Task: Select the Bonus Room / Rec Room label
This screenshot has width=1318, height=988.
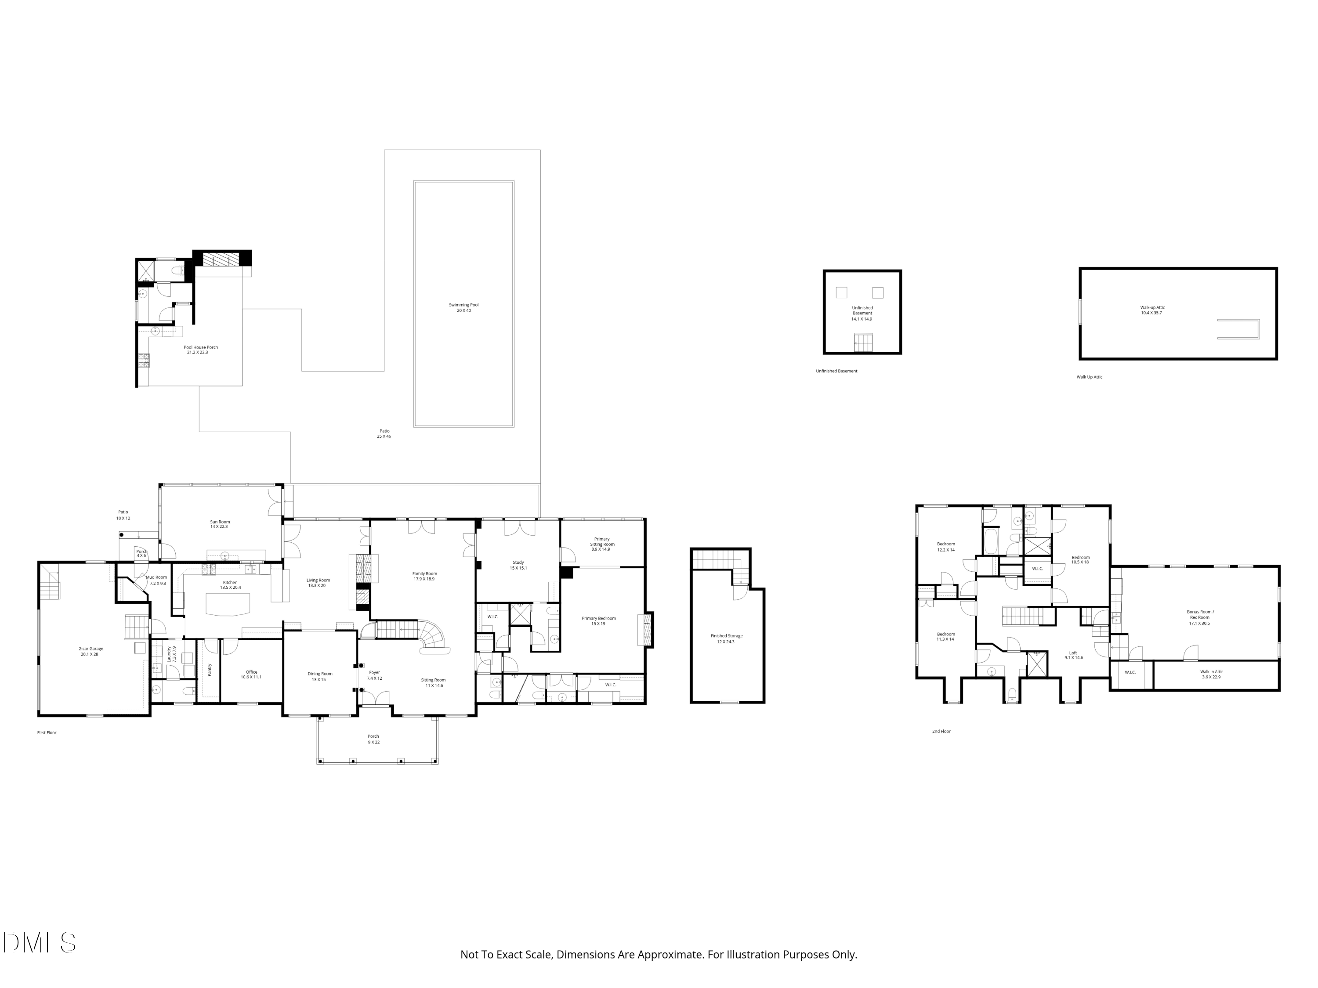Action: click(x=1200, y=614)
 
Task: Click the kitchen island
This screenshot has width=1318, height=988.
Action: click(x=228, y=605)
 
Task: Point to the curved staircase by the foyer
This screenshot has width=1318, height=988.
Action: click(x=432, y=635)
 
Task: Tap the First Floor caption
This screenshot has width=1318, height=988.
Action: click(x=47, y=732)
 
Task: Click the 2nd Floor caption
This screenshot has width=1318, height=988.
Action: click(x=941, y=731)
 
